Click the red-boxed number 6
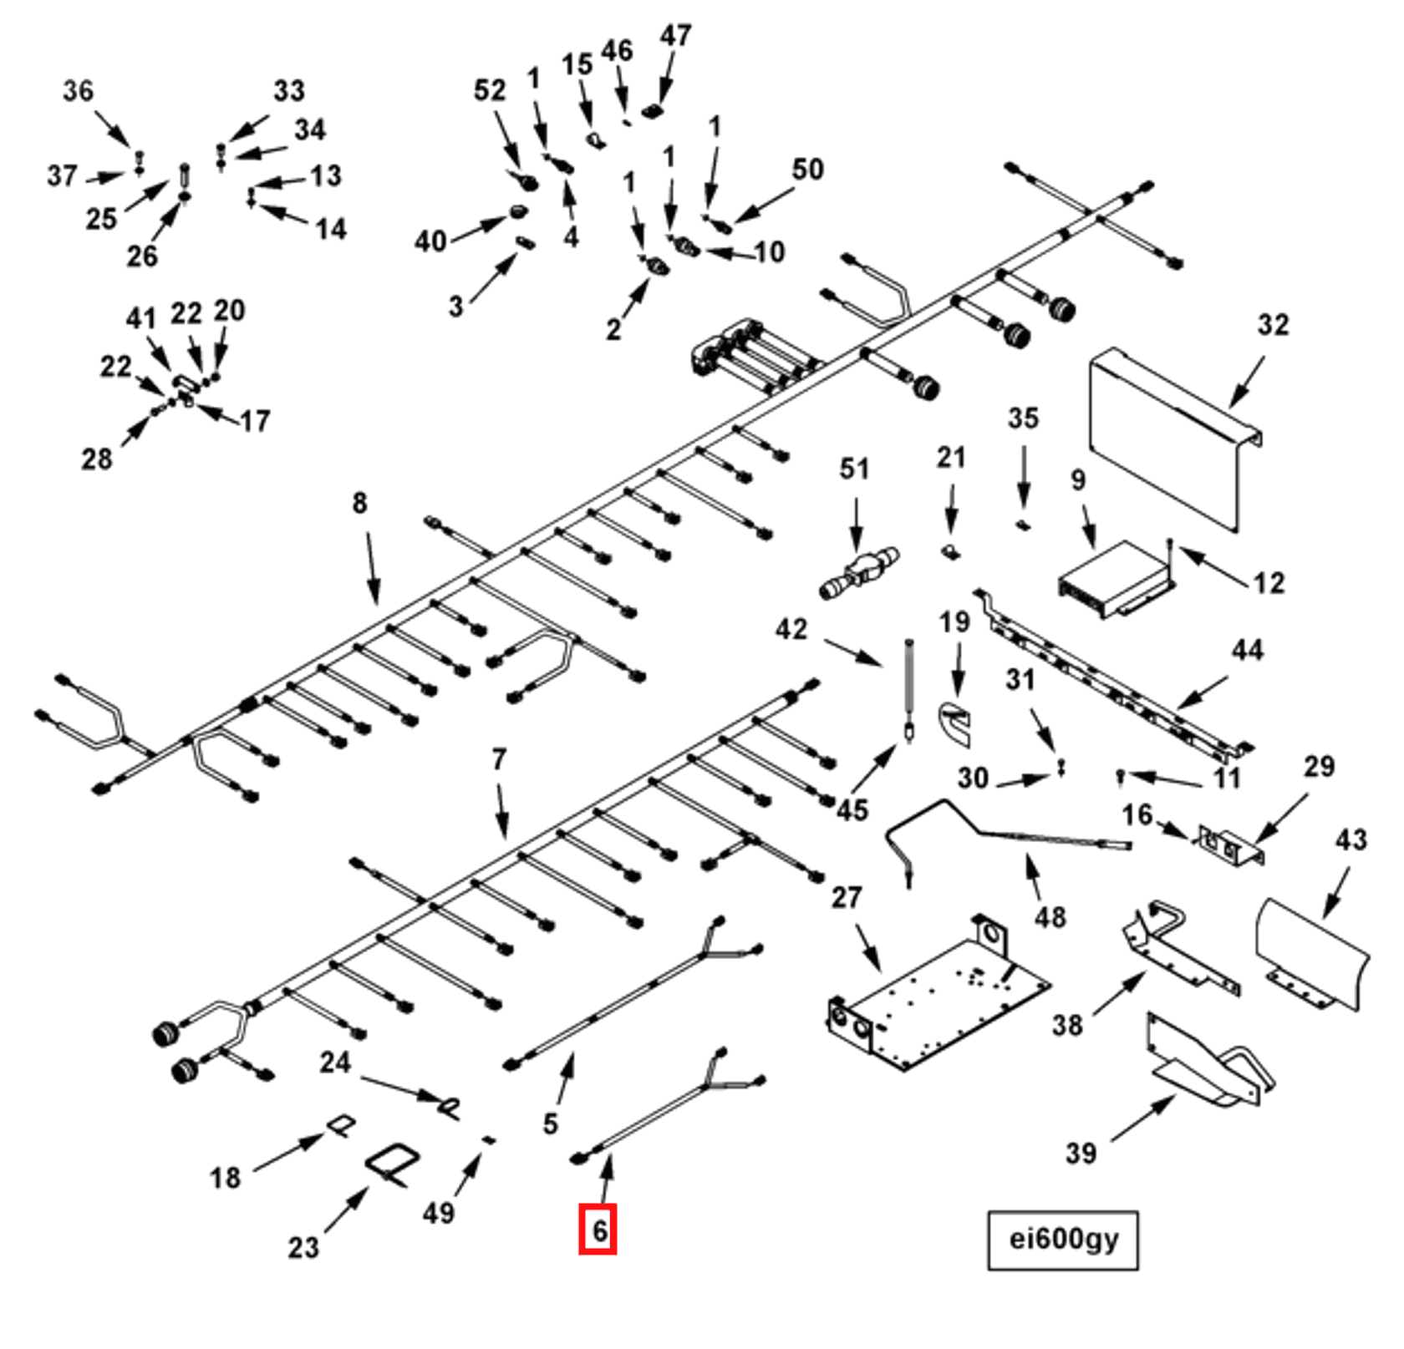click(x=598, y=1229)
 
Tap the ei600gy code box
click(x=1062, y=1240)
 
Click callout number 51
click(x=853, y=469)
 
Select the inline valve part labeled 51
click(x=859, y=572)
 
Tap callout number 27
click(x=846, y=897)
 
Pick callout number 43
click(x=1350, y=839)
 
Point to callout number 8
click(x=359, y=503)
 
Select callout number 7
click(x=499, y=759)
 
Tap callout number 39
click(x=1080, y=1154)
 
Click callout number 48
click(x=1050, y=917)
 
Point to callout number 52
click(x=490, y=90)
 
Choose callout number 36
click(x=78, y=90)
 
